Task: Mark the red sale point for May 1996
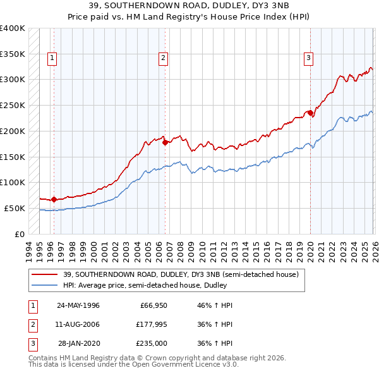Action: [54, 199]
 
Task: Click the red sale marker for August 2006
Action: [165, 142]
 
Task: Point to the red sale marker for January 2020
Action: [310, 113]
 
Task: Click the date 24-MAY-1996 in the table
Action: [78, 305]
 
